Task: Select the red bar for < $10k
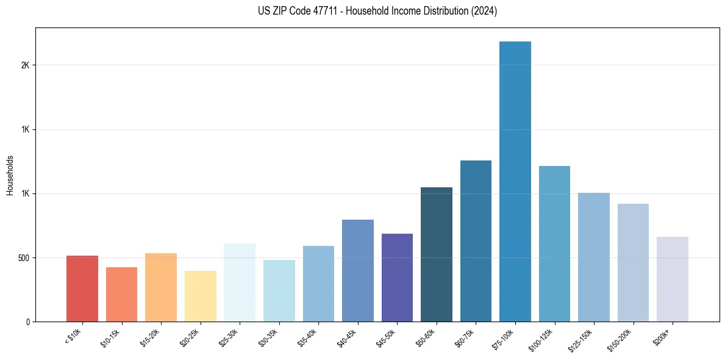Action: tap(82, 289)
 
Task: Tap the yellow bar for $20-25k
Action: tap(201, 296)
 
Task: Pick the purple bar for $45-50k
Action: tap(397, 278)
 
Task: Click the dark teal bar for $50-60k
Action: tap(437, 254)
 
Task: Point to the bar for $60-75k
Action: tap(476, 241)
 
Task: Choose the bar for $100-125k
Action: tap(554, 243)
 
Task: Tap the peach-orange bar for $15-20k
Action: tap(161, 287)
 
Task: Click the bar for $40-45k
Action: tap(358, 270)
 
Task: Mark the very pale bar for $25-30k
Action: tap(240, 283)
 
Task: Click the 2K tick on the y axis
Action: tap(25, 65)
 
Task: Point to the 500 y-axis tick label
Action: tap(23, 257)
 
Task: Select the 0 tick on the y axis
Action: tap(27, 322)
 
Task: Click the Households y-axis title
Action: tap(10, 175)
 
